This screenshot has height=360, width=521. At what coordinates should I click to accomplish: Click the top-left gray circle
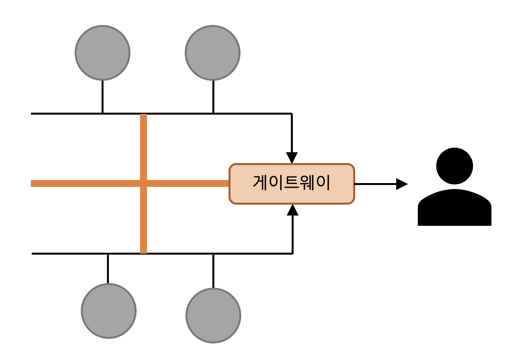pos(102,53)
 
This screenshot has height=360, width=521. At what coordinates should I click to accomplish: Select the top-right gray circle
pos(213,53)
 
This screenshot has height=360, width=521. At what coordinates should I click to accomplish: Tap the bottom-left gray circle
pos(109,311)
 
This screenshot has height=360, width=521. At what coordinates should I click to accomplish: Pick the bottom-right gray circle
pos(213,315)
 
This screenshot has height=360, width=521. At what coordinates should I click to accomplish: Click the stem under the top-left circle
pos(102,97)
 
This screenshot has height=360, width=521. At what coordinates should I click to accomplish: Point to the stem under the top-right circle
pos(213,97)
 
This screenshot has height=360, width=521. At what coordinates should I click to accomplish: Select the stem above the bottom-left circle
pos(108,268)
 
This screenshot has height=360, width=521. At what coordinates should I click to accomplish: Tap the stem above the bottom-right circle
pos(213,271)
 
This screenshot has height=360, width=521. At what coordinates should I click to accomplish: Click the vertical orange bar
pos(144,219)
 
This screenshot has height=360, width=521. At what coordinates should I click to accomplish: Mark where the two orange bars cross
pos(144,183)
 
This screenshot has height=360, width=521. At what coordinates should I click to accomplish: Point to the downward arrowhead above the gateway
pos(292,158)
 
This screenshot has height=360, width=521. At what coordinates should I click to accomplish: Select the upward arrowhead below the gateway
pos(293,210)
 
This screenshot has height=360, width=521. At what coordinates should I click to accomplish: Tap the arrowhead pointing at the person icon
pos(402,184)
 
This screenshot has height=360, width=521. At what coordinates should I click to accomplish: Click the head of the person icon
pos(454,166)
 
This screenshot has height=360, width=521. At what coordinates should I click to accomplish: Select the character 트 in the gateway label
pos(291,182)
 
